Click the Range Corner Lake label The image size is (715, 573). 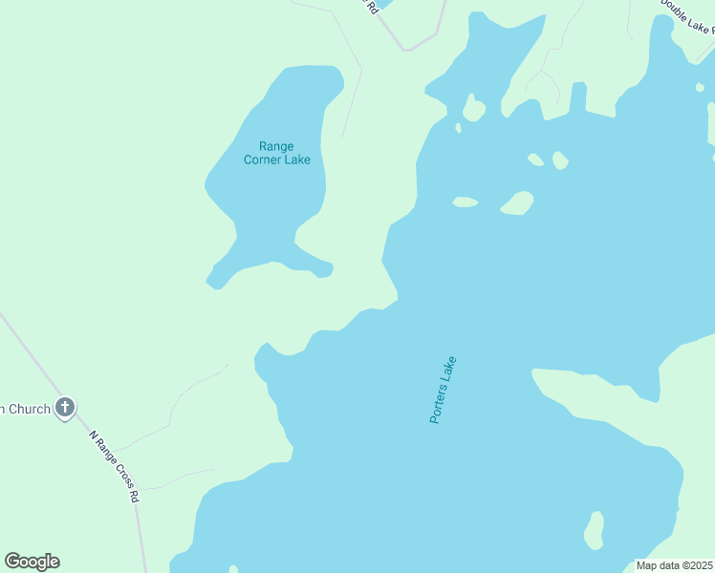(277, 153)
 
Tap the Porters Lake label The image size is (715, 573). (443, 390)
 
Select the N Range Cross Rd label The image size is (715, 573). (115, 466)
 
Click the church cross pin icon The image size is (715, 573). (65, 409)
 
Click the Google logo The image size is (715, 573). (32, 562)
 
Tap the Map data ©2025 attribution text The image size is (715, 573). (675, 565)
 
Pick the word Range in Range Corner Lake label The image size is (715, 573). (277, 146)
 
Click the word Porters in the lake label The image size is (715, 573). (439, 404)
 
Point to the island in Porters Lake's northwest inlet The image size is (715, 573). (473, 108)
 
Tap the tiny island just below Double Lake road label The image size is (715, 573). (701, 88)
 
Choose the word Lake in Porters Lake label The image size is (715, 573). (450, 369)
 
